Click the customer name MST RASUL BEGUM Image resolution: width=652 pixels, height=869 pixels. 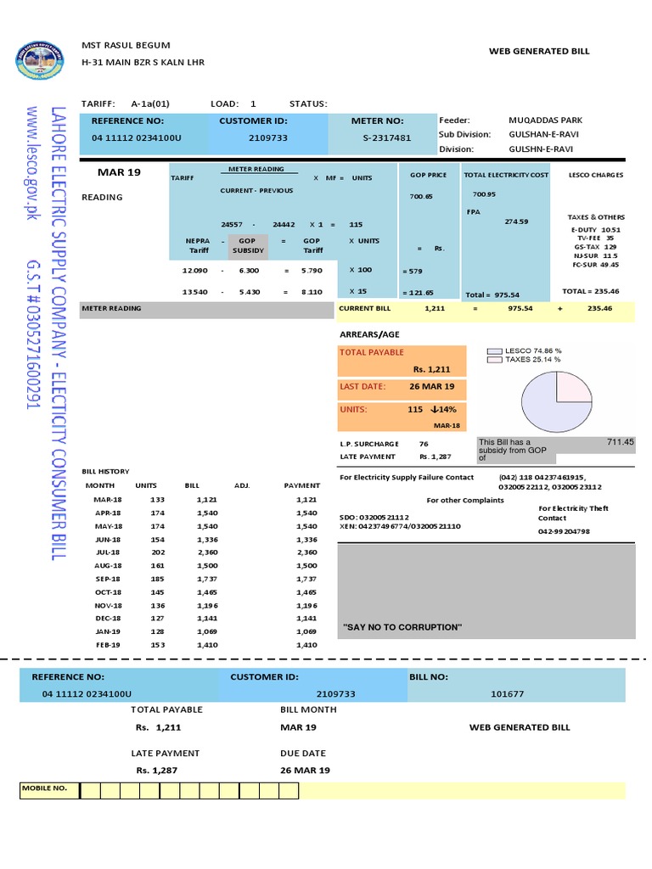126,44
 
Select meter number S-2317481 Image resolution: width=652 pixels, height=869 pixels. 380,137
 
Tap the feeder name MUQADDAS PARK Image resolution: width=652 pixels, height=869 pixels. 545,121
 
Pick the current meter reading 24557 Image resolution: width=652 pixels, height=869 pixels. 233,224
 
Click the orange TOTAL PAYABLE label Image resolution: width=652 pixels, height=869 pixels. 372,352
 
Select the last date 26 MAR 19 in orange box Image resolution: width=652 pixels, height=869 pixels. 431,387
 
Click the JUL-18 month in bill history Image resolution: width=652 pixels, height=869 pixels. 108,552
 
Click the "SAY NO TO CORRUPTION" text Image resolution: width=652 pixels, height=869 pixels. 402,627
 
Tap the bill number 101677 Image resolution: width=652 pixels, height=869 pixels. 508,694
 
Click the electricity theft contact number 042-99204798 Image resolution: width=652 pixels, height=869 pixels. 564,531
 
